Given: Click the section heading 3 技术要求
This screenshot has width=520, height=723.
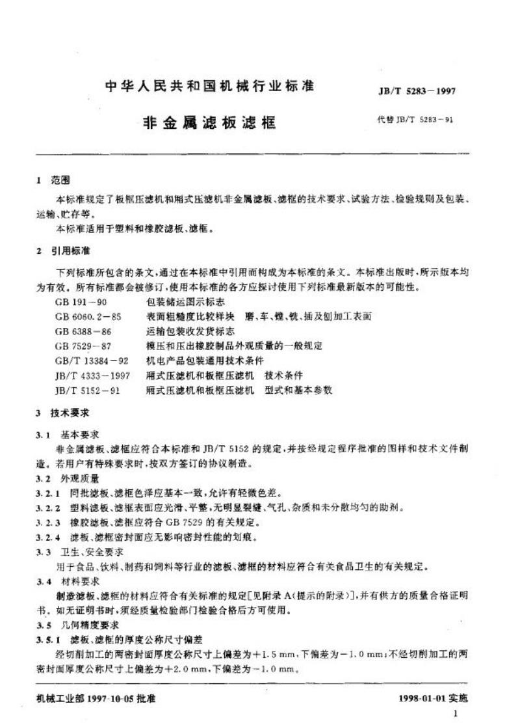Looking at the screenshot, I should pyautogui.click(x=62, y=413).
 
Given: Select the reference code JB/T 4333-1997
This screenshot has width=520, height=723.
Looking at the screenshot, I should pyautogui.click(x=90, y=375).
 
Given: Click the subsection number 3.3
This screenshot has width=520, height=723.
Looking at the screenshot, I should pyautogui.click(x=43, y=551).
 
